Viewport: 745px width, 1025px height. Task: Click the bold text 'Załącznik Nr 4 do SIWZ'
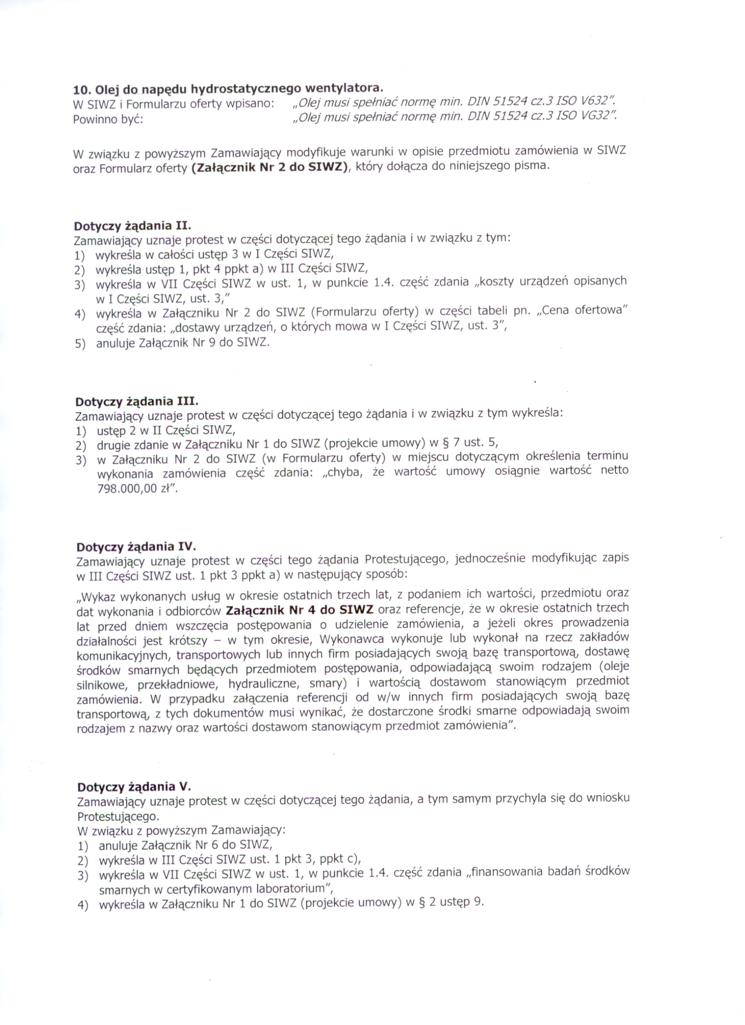click(299, 610)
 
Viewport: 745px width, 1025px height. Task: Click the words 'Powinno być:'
click(108, 121)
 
